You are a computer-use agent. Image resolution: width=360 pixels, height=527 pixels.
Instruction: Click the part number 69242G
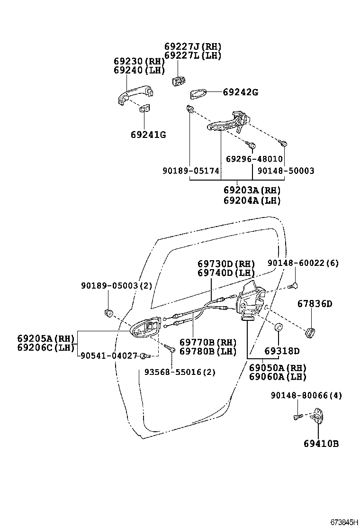pyautogui.click(x=240, y=92)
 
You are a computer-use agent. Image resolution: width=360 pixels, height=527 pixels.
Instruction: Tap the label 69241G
pyautogui.click(x=148, y=135)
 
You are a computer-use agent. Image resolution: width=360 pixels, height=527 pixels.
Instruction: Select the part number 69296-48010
pyautogui.click(x=254, y=159)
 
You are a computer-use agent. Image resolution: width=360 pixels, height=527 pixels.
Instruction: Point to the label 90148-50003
pyautogui.click(x=286, y=171)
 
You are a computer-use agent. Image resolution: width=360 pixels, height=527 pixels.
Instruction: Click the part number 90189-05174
pyautogui.click(x=190, y=171)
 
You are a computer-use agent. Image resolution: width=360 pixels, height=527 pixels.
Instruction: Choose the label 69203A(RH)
pyautogui.click(x=252, y=191)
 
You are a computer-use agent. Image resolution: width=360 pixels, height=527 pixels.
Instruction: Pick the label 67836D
pyautogui.click(x=315, y=304)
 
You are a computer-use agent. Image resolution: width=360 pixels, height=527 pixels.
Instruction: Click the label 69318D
pyautogui.click(x=282, y=351)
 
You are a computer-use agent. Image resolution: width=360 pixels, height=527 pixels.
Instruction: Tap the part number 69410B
pyautogui.click(x=321, y=444)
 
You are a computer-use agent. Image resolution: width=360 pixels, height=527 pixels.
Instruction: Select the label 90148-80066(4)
pyautogui.click(x=306, y=396)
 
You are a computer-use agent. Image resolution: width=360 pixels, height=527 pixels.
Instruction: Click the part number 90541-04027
pyautogui.click(x=108, y=355)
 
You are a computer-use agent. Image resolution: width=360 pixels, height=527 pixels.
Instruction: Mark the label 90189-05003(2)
pyautogui.click(x=116, y=286)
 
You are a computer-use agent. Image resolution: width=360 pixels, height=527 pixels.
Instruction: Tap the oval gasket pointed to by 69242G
pyautogui.click(x=198, y=93)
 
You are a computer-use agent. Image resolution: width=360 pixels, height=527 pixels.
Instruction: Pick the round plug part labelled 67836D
pyautogui.click(x=311, y=333)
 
